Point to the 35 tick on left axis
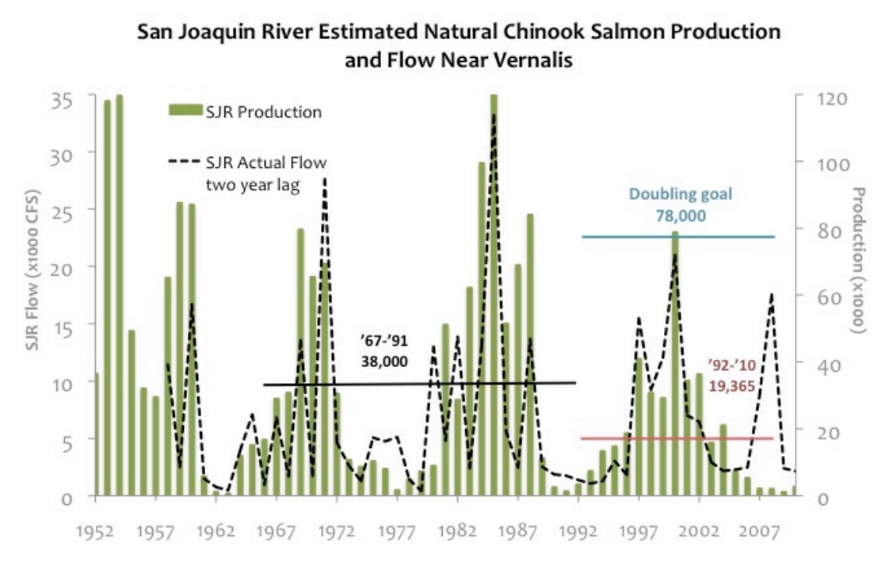[63, 101]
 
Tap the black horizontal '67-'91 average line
[475, 383]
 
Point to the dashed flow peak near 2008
[771, 295]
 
